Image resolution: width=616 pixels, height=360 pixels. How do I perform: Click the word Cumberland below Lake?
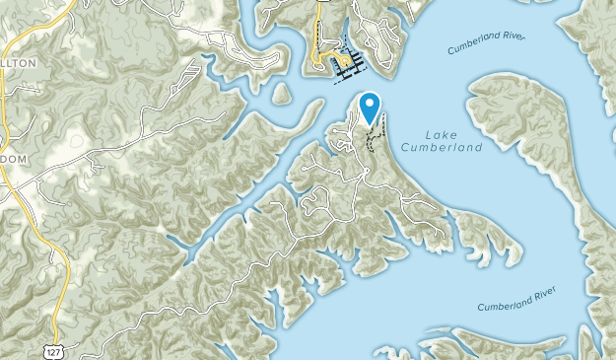443,148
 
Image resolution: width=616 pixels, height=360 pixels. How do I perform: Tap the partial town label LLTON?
20,62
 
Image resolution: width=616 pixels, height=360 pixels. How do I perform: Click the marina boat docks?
347,65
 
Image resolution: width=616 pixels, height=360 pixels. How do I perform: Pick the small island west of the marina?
281,94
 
